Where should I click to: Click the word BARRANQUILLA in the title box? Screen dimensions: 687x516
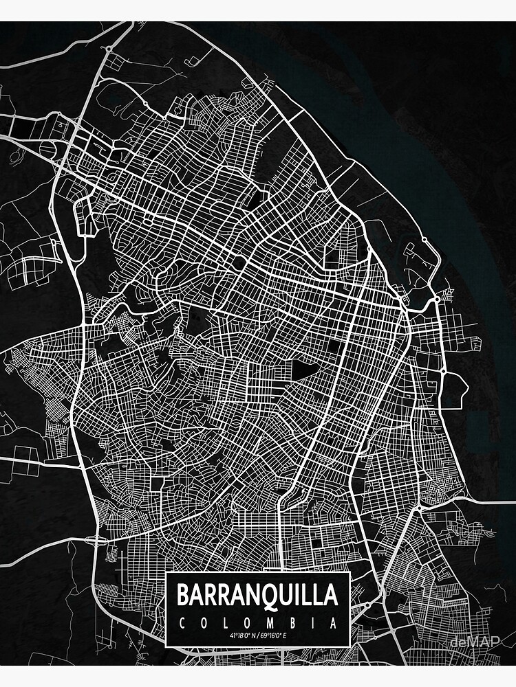(258, 594)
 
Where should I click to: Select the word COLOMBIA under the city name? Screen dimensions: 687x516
(258, 624)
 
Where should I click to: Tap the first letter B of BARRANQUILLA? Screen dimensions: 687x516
(184, 594)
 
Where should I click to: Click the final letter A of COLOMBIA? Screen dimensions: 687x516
(334, 624)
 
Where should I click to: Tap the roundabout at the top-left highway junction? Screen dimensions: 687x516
(108, 49)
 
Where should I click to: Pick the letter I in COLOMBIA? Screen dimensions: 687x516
(314, 624)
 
